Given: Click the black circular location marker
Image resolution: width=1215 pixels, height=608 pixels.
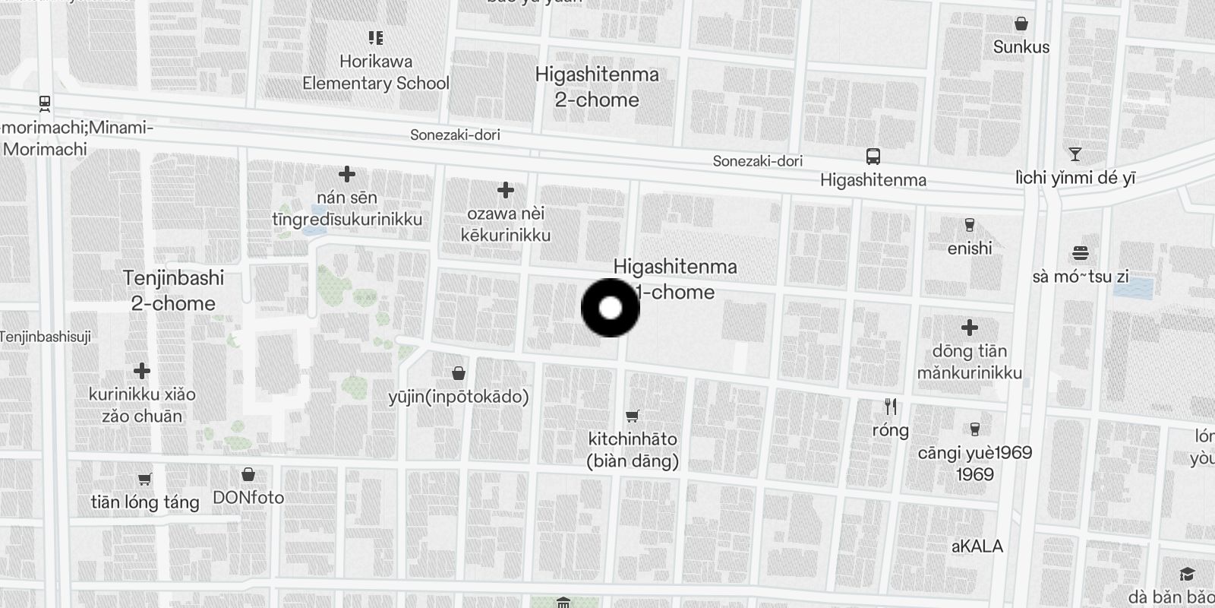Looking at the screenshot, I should (611, 308).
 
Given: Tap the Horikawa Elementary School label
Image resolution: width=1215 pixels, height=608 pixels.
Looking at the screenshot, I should (376, 72).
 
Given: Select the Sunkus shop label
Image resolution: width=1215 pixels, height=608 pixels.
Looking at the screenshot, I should (1021, 47).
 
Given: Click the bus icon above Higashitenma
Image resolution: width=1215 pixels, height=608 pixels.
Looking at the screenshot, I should (873, 157).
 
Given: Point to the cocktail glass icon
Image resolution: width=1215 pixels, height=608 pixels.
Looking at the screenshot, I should (1075, 154).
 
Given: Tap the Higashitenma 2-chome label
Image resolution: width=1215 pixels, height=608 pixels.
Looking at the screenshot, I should (597, 87).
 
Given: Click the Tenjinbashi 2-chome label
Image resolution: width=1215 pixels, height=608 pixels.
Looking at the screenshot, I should (174, 290).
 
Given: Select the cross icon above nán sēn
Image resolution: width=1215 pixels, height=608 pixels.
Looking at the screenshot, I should (347, 174).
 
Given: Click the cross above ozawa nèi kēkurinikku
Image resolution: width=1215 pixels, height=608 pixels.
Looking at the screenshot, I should (506, 190).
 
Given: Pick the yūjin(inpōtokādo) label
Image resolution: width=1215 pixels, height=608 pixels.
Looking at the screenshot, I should (459, 397).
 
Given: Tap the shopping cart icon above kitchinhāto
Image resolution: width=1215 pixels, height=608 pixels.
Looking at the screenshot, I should (632, 416).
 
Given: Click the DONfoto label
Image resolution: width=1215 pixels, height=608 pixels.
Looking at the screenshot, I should (248, 498).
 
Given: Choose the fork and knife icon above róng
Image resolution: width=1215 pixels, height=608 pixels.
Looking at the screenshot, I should (891, 407).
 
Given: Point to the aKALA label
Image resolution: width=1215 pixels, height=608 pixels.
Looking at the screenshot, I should (977, 546).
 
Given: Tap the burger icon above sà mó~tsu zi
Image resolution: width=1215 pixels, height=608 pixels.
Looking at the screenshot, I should (1081, 253).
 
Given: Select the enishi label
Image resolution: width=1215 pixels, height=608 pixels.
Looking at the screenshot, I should (970, 249).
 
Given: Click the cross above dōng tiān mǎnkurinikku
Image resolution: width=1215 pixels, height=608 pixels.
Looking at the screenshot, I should (969, 328).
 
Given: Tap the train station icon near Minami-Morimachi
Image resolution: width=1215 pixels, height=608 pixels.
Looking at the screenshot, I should (45, 103).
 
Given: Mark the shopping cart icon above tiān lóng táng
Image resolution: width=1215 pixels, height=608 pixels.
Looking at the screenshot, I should (145, 479).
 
